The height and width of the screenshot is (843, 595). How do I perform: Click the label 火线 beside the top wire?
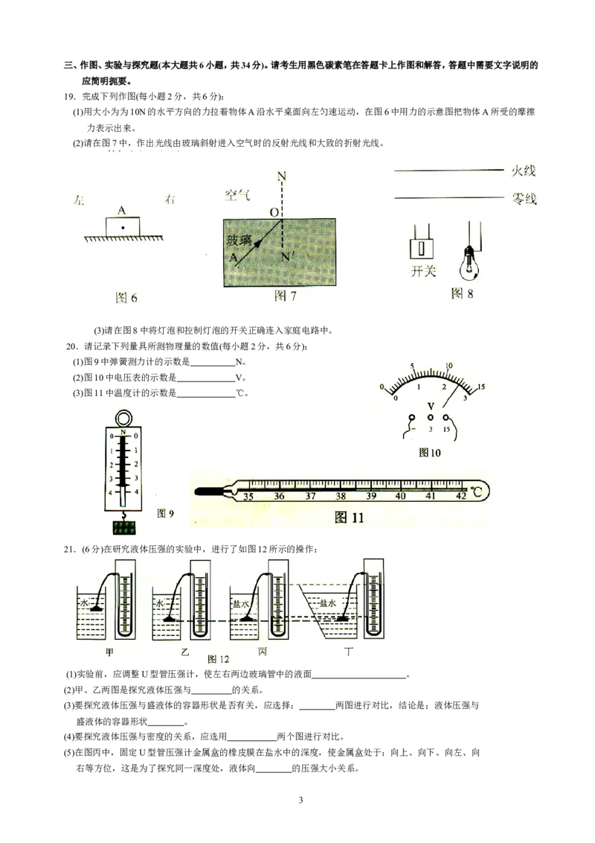pyautogui.click(x=523, y=171)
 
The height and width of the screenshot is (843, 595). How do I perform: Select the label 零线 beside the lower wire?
pyautogui.click(x=523, y=199)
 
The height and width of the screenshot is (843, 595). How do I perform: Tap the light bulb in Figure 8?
pyautogui.click(x=469, y=261)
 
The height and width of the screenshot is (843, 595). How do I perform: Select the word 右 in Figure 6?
pyautogui.click(x=172, y=200)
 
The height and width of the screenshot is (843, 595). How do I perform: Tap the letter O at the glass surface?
pyautogui.click(x=274, y=212)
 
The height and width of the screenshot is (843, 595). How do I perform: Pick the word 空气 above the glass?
pyautogui.click(x=238, y=195)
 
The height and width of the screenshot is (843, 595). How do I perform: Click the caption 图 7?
pyautogui.click(x=286, y=296)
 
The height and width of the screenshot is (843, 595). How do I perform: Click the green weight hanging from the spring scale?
pyautogui.click(x=125, y=528)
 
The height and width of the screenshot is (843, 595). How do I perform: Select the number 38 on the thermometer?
pyautogui.click(x=341, y=496)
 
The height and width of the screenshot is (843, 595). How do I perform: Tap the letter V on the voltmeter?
pyautogui.click(x=430, y=406)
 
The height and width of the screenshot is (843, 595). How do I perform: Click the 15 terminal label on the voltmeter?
pyautogui.click(x=446, y=430)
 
